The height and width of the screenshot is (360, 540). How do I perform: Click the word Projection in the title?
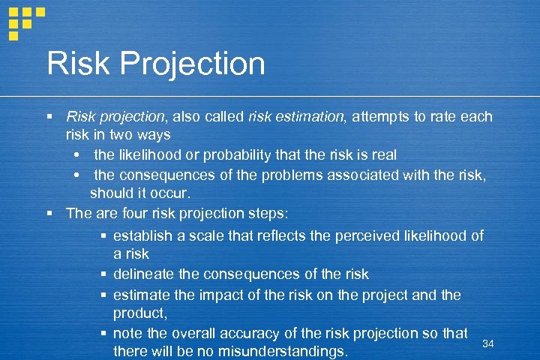click(194, 64)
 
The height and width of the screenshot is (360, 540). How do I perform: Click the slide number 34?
click(488, 343)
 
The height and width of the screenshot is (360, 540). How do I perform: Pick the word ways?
click(154, 135)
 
